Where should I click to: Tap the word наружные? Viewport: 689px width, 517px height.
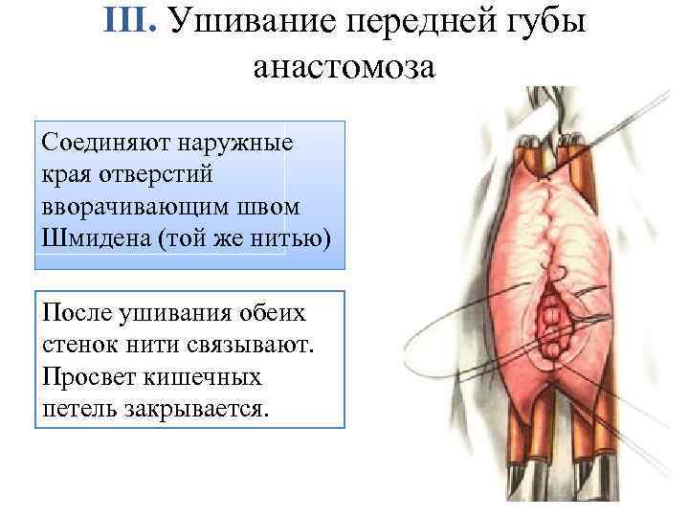(239, 144)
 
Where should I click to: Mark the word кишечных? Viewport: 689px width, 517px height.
(211, 377)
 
